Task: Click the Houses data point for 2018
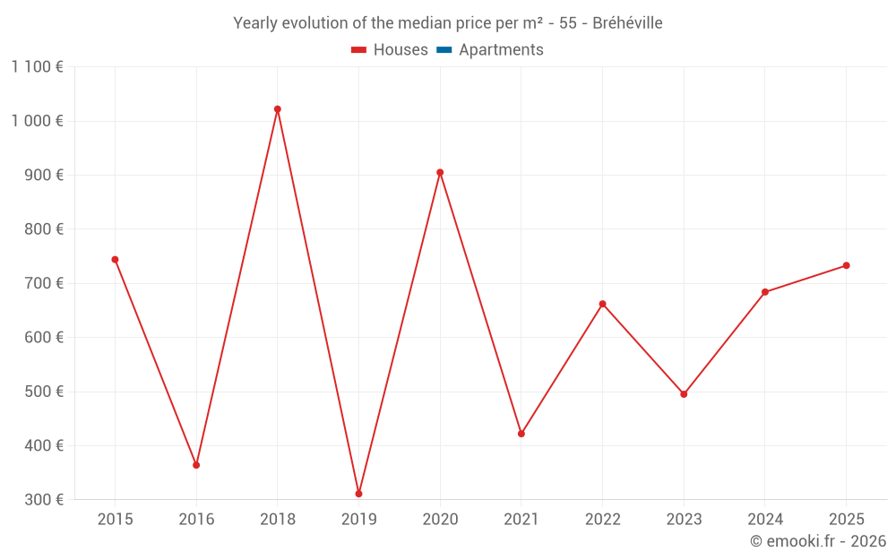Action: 278,109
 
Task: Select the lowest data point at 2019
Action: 358,494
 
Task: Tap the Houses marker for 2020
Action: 440,173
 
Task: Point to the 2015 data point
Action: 115,260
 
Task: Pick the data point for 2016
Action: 196,465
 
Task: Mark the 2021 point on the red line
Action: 521,434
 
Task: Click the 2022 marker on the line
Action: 602,304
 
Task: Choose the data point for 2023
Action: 684,394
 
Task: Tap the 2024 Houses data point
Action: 765,292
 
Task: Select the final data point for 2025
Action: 846,265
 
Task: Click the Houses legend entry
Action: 390,50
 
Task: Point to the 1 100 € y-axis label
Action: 37,66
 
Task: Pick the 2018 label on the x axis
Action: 278,520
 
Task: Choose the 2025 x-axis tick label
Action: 846,520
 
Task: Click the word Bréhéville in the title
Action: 627,23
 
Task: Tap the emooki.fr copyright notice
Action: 818,541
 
